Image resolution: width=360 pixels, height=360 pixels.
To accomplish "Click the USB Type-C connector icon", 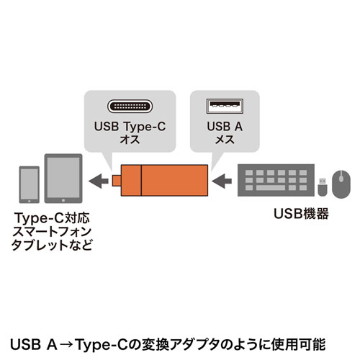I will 130,107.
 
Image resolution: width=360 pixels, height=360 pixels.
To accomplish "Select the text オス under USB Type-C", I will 130,140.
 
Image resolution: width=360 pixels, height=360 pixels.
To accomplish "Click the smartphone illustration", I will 29,185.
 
